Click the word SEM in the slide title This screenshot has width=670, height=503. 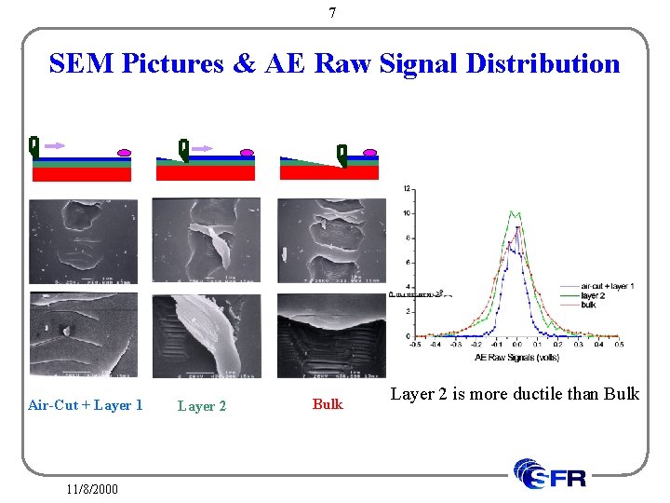coord(75,63)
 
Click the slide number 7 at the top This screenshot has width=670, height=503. coord(333,13)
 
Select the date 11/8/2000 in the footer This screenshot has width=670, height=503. coord(92,487)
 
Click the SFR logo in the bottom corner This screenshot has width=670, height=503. coord(551,474)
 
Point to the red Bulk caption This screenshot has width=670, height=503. coord(328,404)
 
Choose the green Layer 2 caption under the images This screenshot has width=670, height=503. coord(202,406)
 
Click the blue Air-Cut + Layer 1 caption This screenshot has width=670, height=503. coord(86,404)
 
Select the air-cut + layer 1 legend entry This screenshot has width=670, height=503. coord(606,286)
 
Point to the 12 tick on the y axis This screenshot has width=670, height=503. coord(407,189)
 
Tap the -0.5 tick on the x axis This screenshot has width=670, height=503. coord(415,344)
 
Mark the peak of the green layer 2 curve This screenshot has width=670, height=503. coord(517,212)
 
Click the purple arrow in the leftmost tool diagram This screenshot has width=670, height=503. coord(55,145)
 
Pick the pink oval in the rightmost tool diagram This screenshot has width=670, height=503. coord(369,152)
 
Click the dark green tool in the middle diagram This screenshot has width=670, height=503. coord(183,148)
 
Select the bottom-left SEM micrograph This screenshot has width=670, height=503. coord(83,334)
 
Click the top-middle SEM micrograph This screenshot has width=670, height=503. coord(207,240)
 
